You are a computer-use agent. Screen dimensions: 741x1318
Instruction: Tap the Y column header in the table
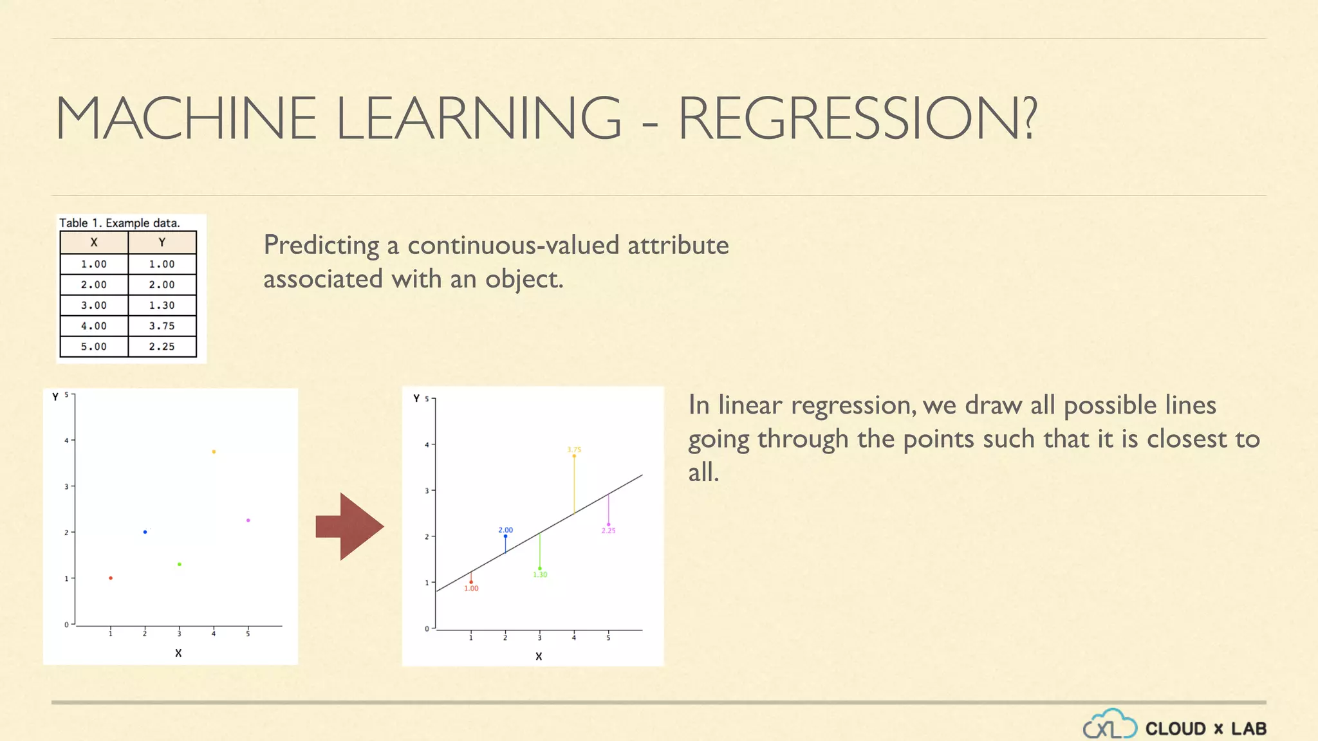[x=162, y=242]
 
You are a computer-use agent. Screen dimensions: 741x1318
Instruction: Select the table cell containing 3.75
[x=162, y=326]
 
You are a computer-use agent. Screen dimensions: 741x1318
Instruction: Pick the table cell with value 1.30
[x=162, y=306]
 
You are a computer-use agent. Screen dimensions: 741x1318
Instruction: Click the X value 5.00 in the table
[x=94, y=347]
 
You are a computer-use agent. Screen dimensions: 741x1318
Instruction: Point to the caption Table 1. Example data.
[x=120, y=223]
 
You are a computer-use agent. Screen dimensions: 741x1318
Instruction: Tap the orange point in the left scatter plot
[x=214, y=452]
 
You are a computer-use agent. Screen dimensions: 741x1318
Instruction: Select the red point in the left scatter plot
[x=111, y=578]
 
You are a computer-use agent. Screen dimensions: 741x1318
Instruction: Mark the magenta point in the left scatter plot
[x=248, y=520]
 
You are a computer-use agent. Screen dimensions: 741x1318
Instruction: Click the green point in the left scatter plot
[x=180, y=564]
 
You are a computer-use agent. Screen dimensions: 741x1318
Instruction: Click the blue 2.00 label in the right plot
[x=505, y=530]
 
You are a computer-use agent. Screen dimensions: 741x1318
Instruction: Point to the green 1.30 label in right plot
[x=540, y=574]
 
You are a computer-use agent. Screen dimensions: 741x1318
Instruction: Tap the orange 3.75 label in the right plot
[x=574, y=450]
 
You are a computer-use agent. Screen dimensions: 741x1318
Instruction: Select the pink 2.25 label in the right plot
[x=609, y=531]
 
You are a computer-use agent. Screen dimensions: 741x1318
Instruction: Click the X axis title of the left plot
[x=178, y=653]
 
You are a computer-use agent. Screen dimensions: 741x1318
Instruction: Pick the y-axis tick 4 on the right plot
[x=427, y=444]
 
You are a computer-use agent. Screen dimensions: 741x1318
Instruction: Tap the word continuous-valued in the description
[x=514, y=245]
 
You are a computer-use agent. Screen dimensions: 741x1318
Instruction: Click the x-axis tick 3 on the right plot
[x=539, y=637]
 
